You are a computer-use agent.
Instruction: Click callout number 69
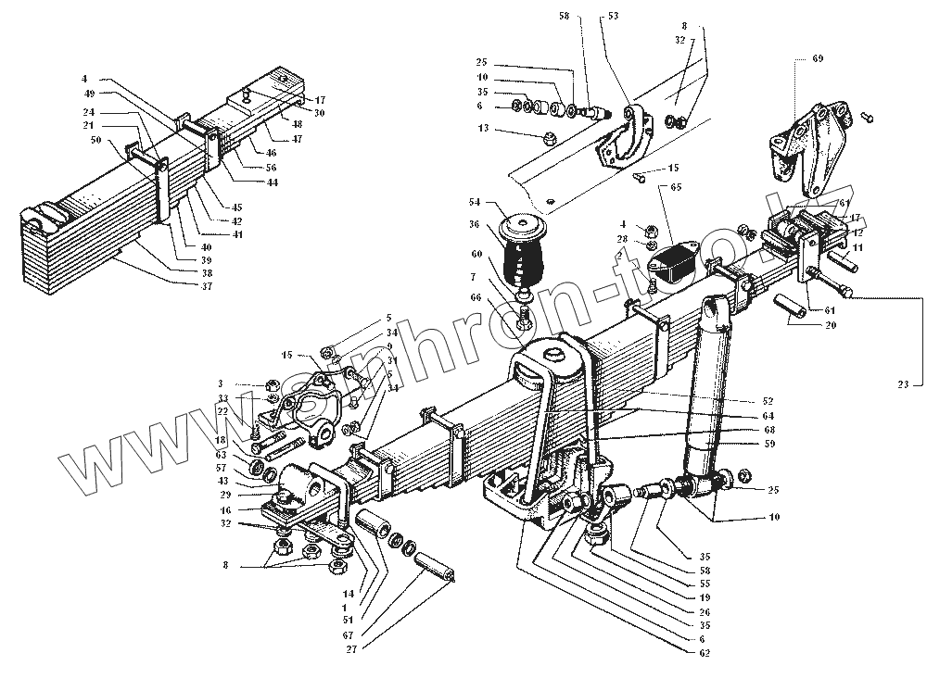(x=818, y=58)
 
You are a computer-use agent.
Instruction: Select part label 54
(x=476, y=202)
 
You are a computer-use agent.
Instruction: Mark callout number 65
(x=676, y=187)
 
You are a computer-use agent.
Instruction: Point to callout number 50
(x=96, y=140)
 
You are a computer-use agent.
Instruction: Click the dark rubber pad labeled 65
(x=679, y=262)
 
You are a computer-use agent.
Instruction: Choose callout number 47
(x=297, y=138)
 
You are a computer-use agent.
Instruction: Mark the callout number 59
(x=769, y=444)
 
